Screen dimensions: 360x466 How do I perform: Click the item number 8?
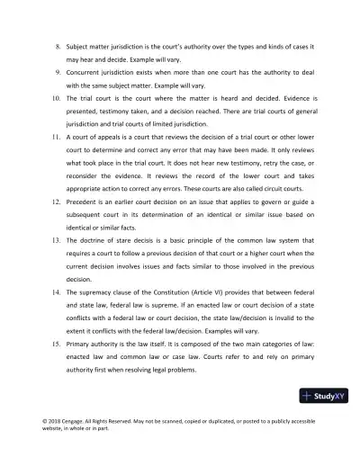click(58, 45)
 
